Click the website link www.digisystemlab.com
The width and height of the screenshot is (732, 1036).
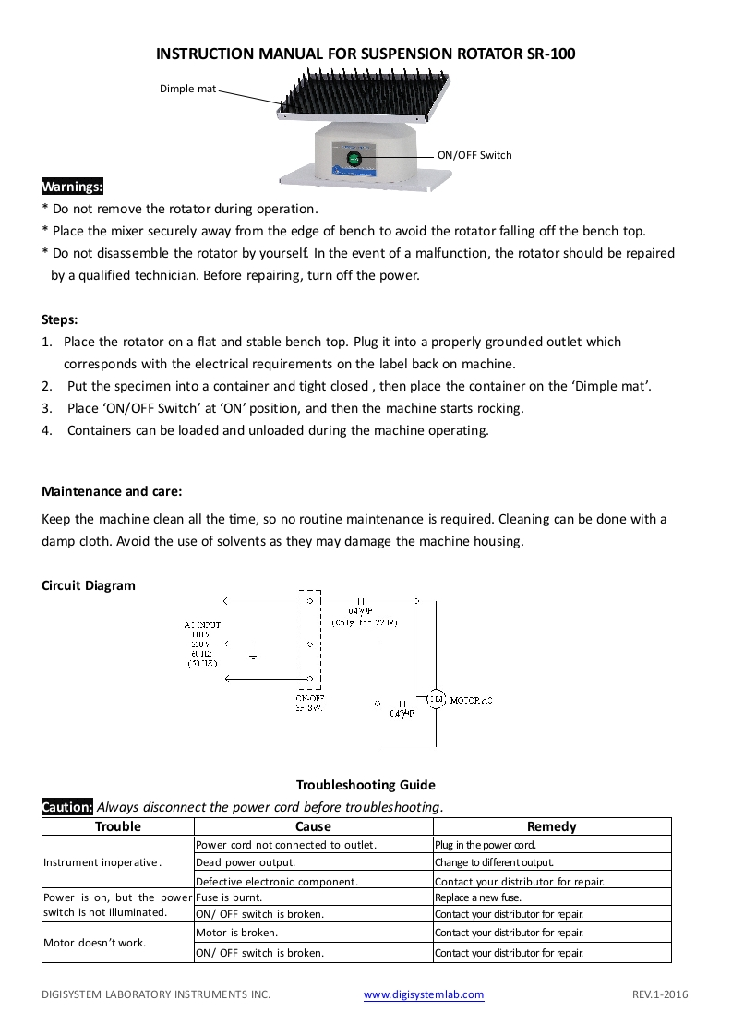(x=424, y=994)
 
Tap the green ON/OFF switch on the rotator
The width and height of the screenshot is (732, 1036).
(x=354, y=158)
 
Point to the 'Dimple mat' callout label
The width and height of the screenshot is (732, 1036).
(x=187, y=89)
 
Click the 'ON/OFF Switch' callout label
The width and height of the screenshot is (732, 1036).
(x=474, y=155)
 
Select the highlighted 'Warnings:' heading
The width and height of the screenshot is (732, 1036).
(x=73, y=187)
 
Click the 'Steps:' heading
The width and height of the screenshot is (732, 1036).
(x=60, y=319)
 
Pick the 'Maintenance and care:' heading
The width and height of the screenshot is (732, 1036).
(x=112, y=491)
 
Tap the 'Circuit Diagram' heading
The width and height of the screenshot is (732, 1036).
(x=89, y=585)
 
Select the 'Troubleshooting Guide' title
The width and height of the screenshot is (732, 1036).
(x=366, y=785)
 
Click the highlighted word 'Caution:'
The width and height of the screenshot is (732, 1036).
(x=67, y=807)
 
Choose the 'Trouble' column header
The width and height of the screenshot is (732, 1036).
(x=118, y=826)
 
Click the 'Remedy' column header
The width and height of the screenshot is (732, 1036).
(x=551, y=826)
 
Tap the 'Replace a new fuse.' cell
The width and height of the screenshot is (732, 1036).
(x=478, y=897)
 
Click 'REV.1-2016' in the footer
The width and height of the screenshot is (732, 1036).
(x=660, y=994)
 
